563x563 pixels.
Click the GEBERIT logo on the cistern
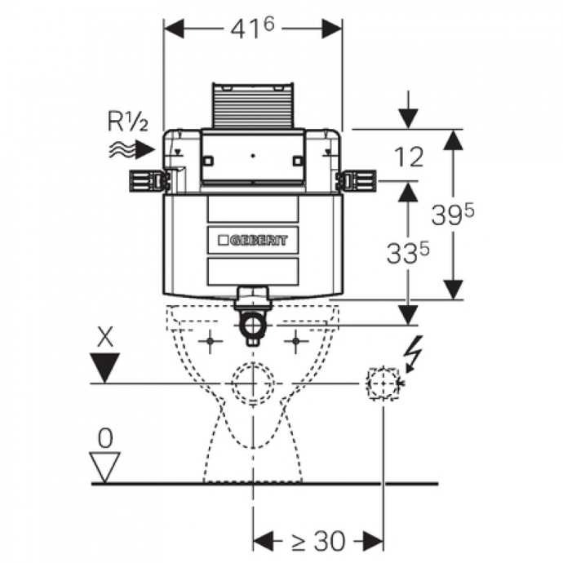pos(252,241)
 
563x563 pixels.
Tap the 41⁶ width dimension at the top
pos(252,28)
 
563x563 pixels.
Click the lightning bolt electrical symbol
pos(414,353)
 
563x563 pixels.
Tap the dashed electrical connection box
pos(383,382)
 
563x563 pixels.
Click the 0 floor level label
pos(105,438)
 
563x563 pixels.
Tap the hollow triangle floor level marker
pos(105,466)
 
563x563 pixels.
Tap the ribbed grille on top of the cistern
pos(252,104)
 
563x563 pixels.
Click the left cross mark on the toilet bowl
pos(211,342)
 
